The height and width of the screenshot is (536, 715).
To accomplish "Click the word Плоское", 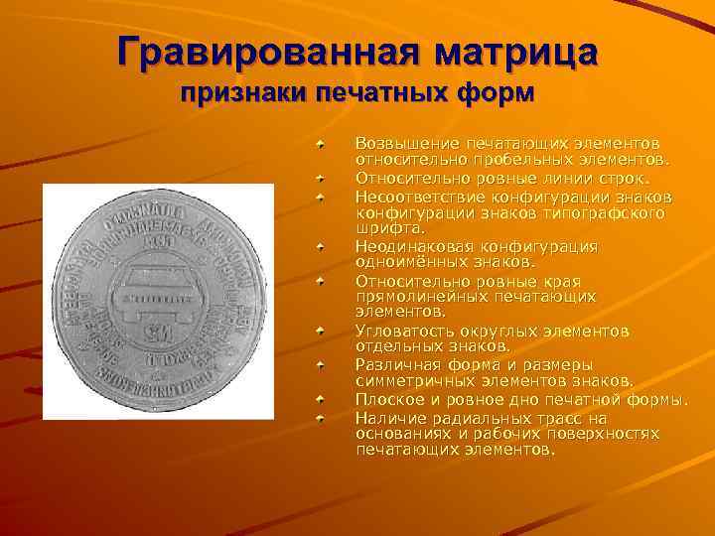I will (387, 399).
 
